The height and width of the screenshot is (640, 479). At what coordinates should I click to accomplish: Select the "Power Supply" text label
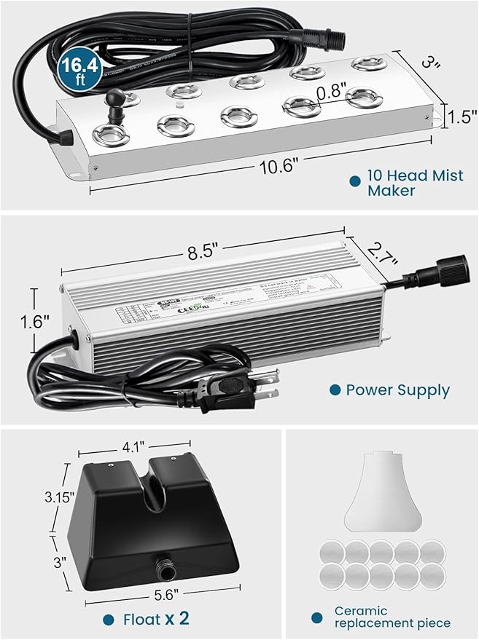[x=397, y=390]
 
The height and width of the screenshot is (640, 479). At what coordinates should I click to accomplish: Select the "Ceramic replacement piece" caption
[x=392, y=617]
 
